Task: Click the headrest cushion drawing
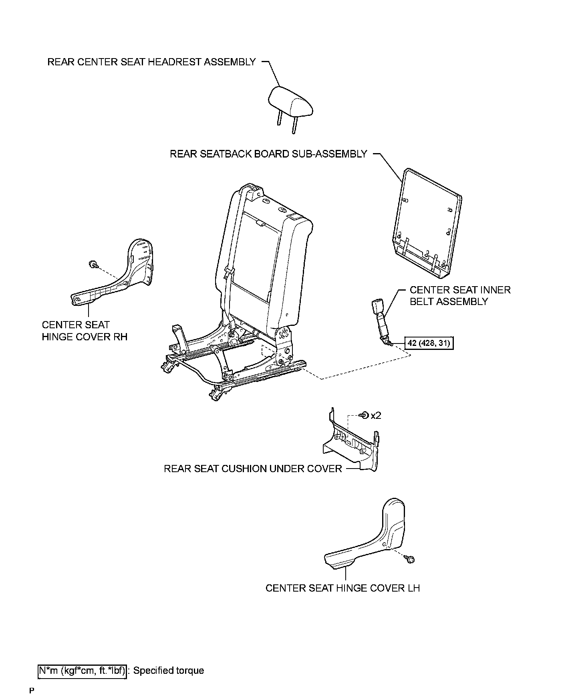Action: click(290, 102)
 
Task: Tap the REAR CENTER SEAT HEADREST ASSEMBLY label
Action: click(151, 62)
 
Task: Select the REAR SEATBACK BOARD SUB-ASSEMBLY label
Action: click(268, 154)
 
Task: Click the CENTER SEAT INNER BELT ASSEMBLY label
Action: click(460, 296)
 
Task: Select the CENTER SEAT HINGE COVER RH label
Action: click(85, 331)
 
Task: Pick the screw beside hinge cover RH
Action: click(93, 264)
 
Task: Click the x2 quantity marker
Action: click(376, 416)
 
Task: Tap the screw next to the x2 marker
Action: click(365, 416)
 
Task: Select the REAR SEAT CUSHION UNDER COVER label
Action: click(253, 469)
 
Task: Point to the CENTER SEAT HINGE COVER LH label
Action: click(342, 588)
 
